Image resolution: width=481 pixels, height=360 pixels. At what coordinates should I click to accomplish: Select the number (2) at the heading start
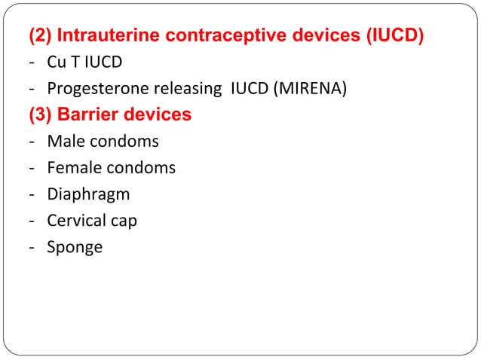[x=40, y=35]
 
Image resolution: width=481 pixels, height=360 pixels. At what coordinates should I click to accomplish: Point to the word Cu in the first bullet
[x=56, y=62]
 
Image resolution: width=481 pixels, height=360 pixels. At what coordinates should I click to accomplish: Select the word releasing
[x=185, y=88]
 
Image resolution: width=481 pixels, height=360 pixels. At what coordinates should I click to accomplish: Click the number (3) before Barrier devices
[x=40, y=114]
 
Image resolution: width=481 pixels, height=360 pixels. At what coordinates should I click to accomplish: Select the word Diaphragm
[x=88, y=194]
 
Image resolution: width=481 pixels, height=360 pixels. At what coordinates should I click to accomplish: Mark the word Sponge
[x=75, y=248]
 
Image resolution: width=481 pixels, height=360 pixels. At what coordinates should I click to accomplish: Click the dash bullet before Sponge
[x=33, y=247]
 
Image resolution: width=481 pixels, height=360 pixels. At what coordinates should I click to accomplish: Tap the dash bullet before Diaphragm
[x=33, y=194]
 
